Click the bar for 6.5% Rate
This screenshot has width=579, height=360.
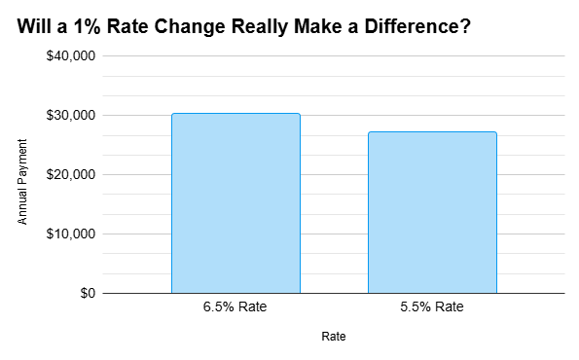click(x=235, y=203)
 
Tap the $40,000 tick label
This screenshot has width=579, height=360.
click(x=71, y=56)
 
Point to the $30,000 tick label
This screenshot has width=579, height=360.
click(x=71, y=116)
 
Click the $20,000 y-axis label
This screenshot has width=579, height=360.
click(x=71, y=175)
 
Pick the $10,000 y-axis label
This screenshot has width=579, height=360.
click(x=71, y=234)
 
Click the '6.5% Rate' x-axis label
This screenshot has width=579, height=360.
click(x=235, y=308)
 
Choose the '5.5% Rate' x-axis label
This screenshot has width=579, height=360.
click(x=432, y=308)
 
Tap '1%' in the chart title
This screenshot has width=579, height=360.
click(x=81, y=26)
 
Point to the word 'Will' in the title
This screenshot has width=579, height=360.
click(x=33, y=26)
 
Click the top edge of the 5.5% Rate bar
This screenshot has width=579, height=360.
click(x=432, y=132)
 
